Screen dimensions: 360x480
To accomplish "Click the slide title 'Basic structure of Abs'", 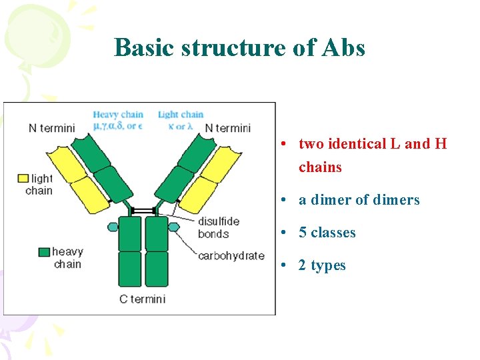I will (x=239, y=48).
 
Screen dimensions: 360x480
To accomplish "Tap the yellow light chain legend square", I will (x=23, y=178).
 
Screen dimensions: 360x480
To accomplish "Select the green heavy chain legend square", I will (x=44, y=252).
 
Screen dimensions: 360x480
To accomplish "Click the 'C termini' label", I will (x=143, y=299).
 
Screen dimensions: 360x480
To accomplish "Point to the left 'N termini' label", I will (x=52, y=128).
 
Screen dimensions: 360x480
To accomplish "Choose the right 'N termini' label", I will (x=228, y=128).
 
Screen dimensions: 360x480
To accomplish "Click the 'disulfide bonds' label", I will (x=218, y=227).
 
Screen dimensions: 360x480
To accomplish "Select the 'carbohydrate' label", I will (x=231, y=255).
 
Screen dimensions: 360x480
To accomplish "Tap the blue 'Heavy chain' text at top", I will (x=118, y=115).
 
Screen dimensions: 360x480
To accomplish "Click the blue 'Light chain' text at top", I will (x=181, y=115).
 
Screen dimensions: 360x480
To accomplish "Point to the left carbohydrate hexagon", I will (x=113, y=227).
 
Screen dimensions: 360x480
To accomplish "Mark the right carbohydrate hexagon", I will (x=174, y=227).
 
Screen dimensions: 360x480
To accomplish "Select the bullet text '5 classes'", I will (x=327, y=233).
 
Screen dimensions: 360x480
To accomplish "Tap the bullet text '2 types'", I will (x=322, y=265).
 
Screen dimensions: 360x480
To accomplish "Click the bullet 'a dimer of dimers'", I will (x=359, y=200).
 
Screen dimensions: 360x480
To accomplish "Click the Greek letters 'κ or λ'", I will (x=180, y=126).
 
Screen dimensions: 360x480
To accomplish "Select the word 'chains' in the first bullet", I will (x=320, y=167).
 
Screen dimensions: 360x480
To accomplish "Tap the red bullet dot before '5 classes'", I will (x=284, y=233).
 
